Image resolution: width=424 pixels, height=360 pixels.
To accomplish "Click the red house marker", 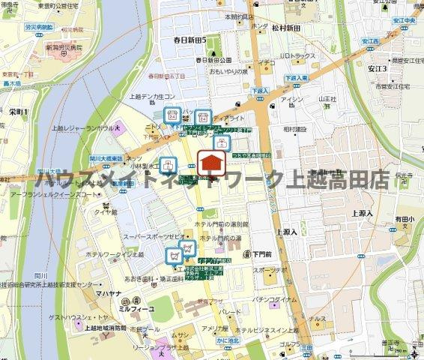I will pos(212,163).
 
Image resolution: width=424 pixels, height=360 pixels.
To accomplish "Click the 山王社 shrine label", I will pos(327,98).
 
